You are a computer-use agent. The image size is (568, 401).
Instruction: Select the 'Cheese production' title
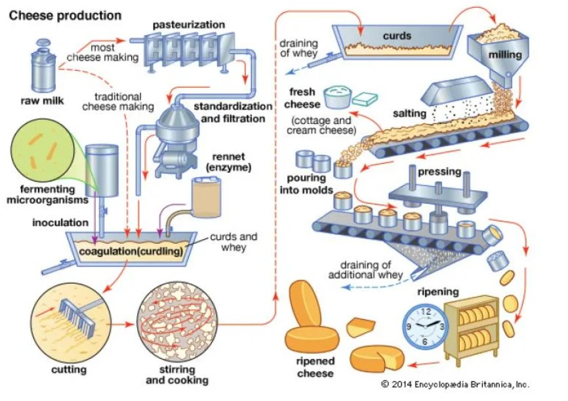pos(65,14)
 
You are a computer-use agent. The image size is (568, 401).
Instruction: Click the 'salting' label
pos(409,114)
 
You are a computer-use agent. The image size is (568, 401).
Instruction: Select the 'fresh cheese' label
pos(303,98)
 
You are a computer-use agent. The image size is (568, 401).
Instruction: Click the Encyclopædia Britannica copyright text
pos(455,385)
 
